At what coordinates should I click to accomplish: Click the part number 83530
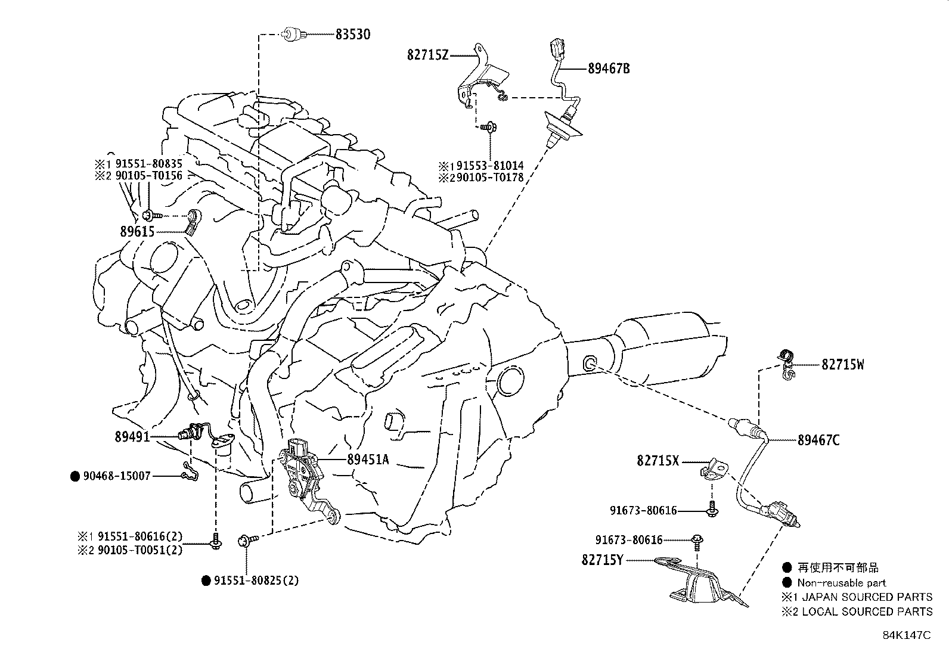coord(352,35)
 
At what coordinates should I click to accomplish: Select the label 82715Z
coord(427,55)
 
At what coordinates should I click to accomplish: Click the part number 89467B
coord(609,69)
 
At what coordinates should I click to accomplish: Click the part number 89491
coord(132,437)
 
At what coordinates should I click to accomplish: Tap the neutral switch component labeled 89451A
coord(305,471)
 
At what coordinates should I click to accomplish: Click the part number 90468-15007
coord(117,476)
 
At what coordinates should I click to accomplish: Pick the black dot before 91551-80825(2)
coord(206,581)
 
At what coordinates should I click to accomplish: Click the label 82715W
coord(842,365)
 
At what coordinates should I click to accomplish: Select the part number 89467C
coord(818,440)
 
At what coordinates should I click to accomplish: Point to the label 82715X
coord(658,461)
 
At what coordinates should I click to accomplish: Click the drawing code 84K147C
coord(906,635)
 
